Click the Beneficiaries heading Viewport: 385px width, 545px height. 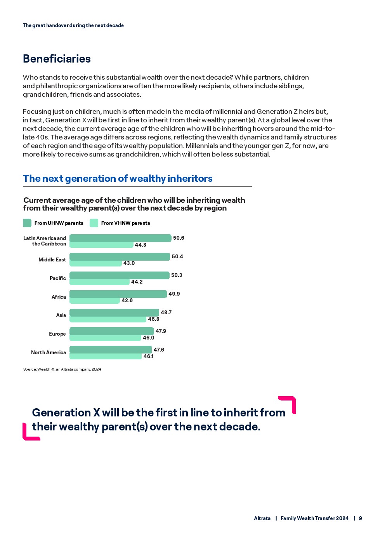click(57, 59)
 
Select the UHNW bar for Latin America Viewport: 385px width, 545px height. click(120, 238)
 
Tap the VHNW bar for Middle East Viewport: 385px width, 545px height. click(95, 263)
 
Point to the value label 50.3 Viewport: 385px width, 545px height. click(177, 275)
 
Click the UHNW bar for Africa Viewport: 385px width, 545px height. click(118, 294)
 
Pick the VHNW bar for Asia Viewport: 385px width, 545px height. click(108, 319)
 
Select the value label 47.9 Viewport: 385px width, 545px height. click(161, 331)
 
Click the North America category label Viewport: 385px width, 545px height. click(49, 353)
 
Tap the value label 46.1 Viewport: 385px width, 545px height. click(148, 357)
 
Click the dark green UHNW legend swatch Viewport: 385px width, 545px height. click(27, 223)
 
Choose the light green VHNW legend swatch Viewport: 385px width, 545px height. click(94, 223)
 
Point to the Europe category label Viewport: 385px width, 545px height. click(57, 334)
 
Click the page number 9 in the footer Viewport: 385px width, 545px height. click(361, 519)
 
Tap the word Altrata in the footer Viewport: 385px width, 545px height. click(262, 519)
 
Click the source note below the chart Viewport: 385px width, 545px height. click(62, 369)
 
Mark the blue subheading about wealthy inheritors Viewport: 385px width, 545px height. click(118, 179)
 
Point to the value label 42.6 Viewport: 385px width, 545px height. click(127, 301)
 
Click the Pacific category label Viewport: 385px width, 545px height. click(58, 279)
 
